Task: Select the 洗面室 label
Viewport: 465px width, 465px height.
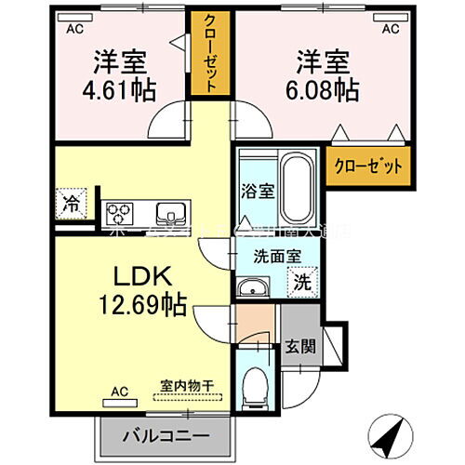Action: click(x=276, y=257)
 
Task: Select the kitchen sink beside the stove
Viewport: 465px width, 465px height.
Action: click(x=171, y=211)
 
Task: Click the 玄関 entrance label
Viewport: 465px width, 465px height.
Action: click(x=300, y=346)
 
